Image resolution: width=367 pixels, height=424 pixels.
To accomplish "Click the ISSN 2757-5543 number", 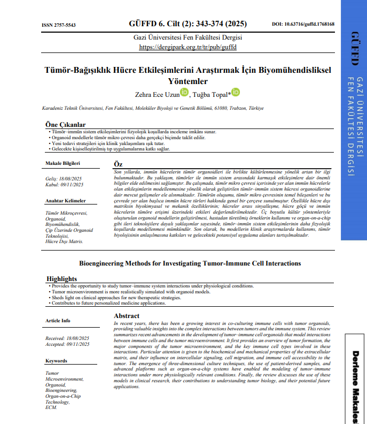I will [x=58, y=25].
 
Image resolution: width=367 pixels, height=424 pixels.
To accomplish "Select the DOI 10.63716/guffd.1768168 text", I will [x=303, y=25].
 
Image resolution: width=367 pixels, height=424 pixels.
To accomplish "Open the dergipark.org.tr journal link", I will [x=188, y=47].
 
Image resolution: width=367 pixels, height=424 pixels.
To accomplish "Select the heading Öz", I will [x=119, y=163].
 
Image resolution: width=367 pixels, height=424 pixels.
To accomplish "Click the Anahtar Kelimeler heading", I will [x=65, y=200].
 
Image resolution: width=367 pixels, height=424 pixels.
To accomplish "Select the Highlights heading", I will [x=61, y=279].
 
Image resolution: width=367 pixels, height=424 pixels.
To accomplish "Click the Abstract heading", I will [x=127, y=316].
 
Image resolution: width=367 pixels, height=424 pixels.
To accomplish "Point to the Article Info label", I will [x=58, y=321].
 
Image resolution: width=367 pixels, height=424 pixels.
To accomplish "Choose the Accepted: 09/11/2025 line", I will [x=67, y=344].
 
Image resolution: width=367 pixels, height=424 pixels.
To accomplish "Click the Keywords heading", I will [x=56, y=361].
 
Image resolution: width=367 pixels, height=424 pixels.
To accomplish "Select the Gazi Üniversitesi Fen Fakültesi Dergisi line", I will [x=188, y=38].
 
